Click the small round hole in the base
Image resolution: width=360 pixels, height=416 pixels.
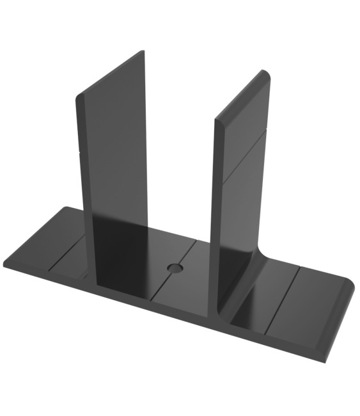[173, 266]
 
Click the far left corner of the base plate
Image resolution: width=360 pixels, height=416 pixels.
[4, 264]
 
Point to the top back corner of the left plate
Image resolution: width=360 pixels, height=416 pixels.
[143, 51]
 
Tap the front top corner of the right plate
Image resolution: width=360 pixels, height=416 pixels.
[216, 120]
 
